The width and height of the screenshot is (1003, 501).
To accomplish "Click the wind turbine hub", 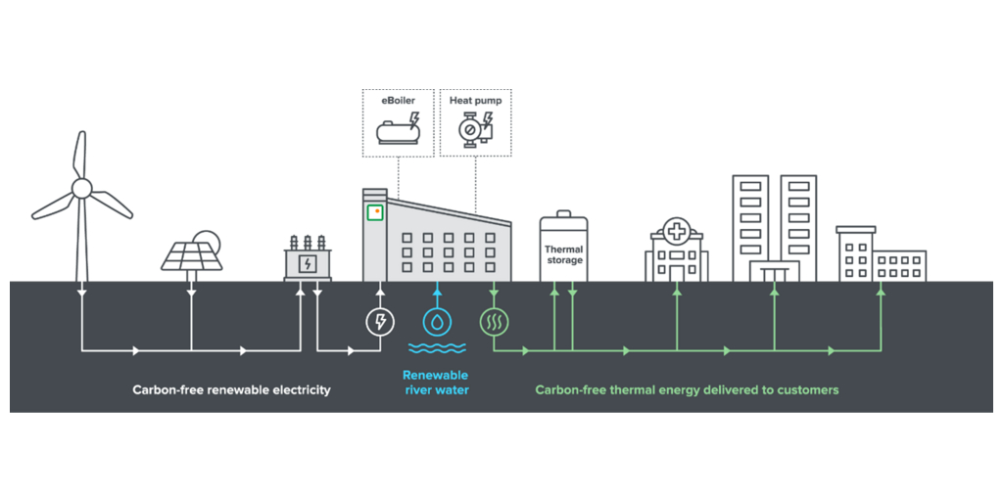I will click(81, 187).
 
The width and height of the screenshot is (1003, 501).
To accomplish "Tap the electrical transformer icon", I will click(308, 259).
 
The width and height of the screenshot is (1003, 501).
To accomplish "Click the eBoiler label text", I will click(398, 100).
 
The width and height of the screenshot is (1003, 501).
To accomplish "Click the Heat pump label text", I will click(475, 100).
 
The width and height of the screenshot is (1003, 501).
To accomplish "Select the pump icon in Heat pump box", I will click(473, 129).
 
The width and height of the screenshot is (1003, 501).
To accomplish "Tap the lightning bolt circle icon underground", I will click(379, 321).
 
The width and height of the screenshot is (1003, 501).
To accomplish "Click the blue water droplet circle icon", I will click(436, 321).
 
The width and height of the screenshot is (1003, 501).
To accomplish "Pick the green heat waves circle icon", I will click(493, 321).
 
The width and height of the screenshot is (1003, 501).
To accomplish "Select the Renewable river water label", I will click(436, 383).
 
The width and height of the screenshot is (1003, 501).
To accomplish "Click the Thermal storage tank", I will click(563, 249).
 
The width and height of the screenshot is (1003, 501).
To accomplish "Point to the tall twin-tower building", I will click(774, 228).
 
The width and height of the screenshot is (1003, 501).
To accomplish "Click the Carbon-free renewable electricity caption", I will click(232, 389).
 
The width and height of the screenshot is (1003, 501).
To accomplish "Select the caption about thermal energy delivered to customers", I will click(687, 389).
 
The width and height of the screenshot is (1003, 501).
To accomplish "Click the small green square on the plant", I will click(374, 212).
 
